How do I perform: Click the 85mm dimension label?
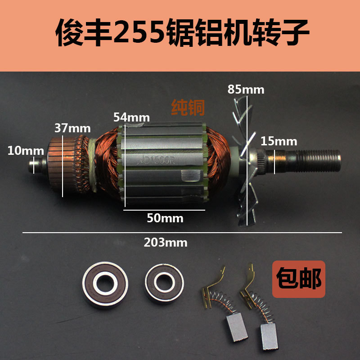click(x=246, y=89)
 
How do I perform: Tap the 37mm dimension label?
click(x=72, y=128)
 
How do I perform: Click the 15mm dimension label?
click(x=279, y=141)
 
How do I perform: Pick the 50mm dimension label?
click(x=165, y=218)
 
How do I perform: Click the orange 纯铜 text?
click(x=188, y=107)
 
